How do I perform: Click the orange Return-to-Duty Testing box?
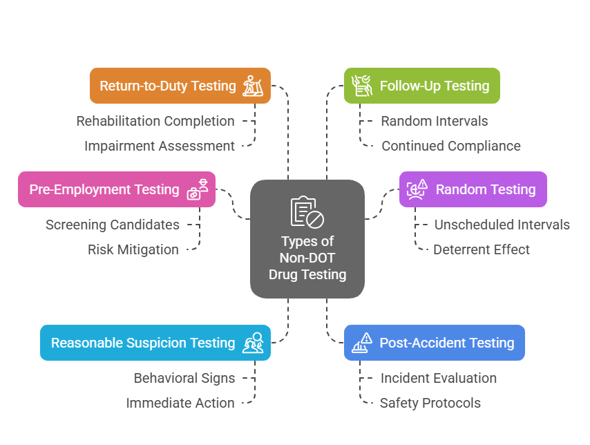tap(180, 86)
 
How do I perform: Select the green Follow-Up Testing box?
tap(421, 86)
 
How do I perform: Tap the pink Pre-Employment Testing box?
tap(116, 189)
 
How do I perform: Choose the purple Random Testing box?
tap(473, 189)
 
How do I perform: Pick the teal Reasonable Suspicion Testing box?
tap(155, 343)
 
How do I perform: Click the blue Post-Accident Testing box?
tap(434, 343)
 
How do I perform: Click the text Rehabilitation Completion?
tap(155, 121)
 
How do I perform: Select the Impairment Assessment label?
tap(160, 146)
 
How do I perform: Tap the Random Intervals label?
tap(435, 121)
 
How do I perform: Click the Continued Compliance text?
tap(451, 146)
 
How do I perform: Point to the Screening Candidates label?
tap(113, 225)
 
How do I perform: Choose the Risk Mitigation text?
tap(133, 249)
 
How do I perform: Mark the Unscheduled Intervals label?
tap(502, 225)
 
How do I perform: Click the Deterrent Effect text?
tap(482, 249)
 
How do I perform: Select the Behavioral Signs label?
tap(184, 378)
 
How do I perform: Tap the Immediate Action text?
tap(180, 403)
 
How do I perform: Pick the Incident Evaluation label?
tap(439, 378)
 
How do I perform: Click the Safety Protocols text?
tap(430, 403)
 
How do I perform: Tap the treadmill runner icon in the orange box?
tap(253, 86)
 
